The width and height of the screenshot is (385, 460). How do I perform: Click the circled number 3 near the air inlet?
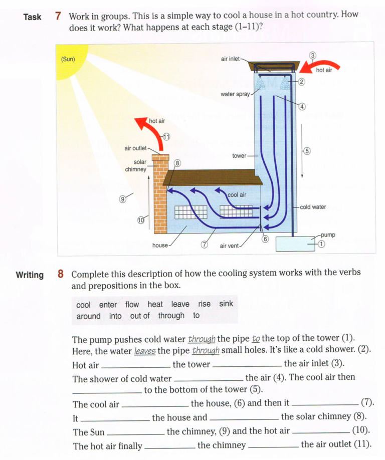click(x=313, y=55)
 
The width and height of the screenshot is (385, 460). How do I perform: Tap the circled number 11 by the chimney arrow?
click(x=166, y=137)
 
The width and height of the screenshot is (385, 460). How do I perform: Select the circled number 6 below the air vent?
click(x=265, y=239)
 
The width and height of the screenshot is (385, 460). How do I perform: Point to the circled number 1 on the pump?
click(x=322, y=244)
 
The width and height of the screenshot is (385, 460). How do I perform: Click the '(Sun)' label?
click(x=68, y=59)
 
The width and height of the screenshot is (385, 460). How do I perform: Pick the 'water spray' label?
click(x=235, y=94)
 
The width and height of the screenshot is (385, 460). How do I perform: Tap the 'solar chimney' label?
click(x=136, y=165)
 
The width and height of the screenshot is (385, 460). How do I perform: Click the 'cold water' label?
click(x=313, y=207)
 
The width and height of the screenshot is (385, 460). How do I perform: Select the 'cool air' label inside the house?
click(x=237, y=195)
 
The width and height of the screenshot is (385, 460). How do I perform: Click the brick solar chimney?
click(x=160, y=193)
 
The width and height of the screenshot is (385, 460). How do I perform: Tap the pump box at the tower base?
click(x=295, y=244)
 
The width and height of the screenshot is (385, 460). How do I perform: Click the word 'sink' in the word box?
click(x=226, y=304)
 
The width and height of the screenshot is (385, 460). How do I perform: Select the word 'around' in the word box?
click(x=88, y=316)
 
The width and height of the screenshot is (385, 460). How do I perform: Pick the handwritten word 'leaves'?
click(x=145, y=351)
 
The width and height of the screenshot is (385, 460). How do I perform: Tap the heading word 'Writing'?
click(x=30, y=275)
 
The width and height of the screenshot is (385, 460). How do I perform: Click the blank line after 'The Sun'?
click(x=135, y=434)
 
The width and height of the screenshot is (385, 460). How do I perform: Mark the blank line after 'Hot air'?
click(x=135, y=367)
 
